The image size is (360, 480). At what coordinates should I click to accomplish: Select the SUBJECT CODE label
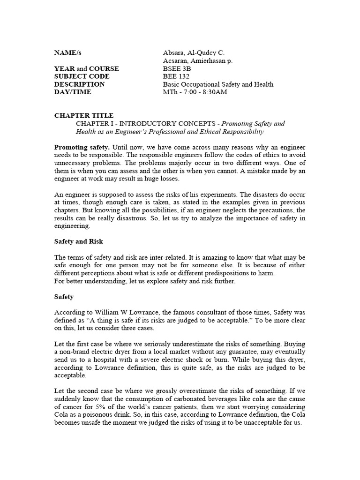82,76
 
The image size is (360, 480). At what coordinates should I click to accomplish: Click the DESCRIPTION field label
80,84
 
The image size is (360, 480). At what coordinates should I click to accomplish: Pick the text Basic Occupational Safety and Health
218,84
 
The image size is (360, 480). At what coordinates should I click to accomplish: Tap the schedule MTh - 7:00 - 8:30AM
195,92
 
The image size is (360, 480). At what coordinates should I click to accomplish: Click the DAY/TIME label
73,92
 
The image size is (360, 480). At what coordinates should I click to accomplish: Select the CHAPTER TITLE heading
84,115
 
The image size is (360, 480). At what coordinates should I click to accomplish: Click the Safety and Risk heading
79,241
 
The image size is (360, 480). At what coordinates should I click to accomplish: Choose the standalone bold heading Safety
64,297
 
